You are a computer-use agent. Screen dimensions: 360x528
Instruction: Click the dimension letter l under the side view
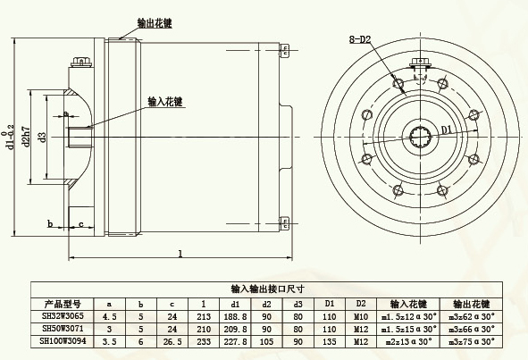point(180,254)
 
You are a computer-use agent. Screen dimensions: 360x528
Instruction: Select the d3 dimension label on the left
point(42,135)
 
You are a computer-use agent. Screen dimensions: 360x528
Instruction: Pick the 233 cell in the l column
point(203,340)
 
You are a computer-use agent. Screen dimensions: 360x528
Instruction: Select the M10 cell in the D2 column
point(361,315)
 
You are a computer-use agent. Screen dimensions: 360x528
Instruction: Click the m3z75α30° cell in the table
point(474,340)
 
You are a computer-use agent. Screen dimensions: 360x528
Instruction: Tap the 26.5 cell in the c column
point(172,340)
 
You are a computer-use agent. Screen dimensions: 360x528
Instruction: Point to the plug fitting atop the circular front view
point(419,65)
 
